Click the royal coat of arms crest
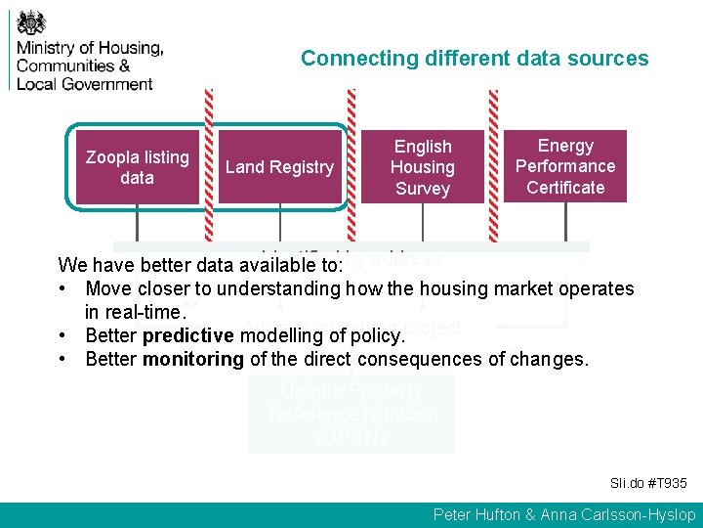pyautogui.click(x=33, y=22)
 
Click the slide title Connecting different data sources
pyautogui.click(x=474, y=58)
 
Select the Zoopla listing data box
pyautogui.click(x=137, y=167)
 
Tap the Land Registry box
pyautogui.click(x=279, y=167)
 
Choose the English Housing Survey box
pyautogui.click(x=422, y=167)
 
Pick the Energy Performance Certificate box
pyautogui.click(x=565, y=166)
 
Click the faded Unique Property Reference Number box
pyautogui.click(x=351, y=414)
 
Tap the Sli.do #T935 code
pyautogui.click(x=648, y=483)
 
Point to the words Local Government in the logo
pyautogui.click(x=85, y=83)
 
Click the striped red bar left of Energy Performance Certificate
pyautogui.click(x=493, y=166)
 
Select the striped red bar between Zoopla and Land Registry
pyautogui.click(x=207, y=166)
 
